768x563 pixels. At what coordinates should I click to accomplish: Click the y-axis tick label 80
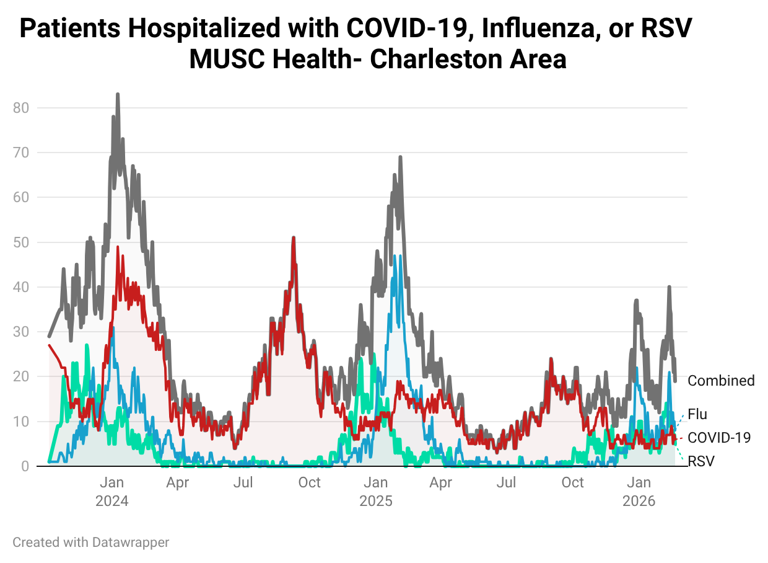pyautogui.click(x=21, y=108)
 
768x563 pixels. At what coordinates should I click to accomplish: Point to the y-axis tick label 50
pyautogui.click(x=21, y=242)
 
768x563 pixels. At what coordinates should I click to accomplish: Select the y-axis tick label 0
pyautogui.click(x=25, y=466)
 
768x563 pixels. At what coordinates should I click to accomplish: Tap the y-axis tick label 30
pyautogui.click(x=21, y=332)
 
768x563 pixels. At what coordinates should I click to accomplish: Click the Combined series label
pyautogui.click(x=721, y=381)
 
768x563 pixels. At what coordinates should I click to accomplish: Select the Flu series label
pyautogui.click(x=697, y=414)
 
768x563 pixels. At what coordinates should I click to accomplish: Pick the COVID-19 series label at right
pyautogui.click(x=719, y=438)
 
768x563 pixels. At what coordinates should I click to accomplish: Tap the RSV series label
pyautogui.click(x=700, y=461)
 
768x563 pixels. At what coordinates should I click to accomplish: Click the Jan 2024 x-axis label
pyautogui.click(x=112, y=491)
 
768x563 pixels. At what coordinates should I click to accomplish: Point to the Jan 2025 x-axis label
pyautogui.click(x=376, y=491)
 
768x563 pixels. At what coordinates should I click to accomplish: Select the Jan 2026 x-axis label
pyautogui.click(x=639, y=491)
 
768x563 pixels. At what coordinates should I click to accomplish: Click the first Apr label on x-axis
pyautogui.click(x=178, y=482)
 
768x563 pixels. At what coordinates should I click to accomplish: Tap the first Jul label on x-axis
pyautogui.click(x=243, y=482)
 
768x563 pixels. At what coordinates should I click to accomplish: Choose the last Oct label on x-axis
pyautogui.click(x=573, y=482)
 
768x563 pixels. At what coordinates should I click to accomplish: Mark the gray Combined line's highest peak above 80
pyautogui.click(x=118, y=95)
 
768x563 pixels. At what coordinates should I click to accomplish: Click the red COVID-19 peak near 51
pyautogui.click(x=294, y=237)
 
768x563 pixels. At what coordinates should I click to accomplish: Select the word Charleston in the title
pyautogui.click(x=430, y=60)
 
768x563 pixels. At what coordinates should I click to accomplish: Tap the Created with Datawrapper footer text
pyautogui.click(x=91, y=543)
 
